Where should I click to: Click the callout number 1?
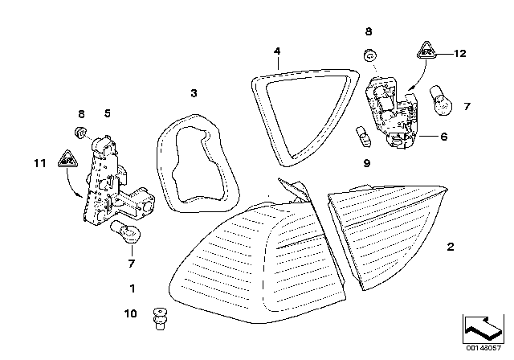tap(133, 288)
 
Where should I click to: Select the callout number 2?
tap(451, 247)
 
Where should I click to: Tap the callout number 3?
tap(194, 93)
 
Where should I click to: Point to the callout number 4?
tap(277, 51)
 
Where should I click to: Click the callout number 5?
tap(108, 113)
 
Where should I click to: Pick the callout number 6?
tap(444, 137)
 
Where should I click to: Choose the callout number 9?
tap(367, 163)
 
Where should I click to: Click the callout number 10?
tap(130, 313)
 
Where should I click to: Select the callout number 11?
tap(40, 163)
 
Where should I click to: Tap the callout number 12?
tap(460, 54)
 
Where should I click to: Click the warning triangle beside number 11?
tap(67, 158)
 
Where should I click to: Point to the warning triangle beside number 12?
tap(426, 50)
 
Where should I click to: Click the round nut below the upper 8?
tap(370, 55)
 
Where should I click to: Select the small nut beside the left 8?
tap(80, 132)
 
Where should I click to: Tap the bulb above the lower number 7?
tap(126, 232)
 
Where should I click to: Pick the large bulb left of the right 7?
tap(441, 101)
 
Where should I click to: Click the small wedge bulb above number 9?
tap(364, 137)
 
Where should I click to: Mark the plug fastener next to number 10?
tap(160, 319)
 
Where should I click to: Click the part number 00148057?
tap(483, 347)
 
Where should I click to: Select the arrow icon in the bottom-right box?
tap(483, 328)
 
